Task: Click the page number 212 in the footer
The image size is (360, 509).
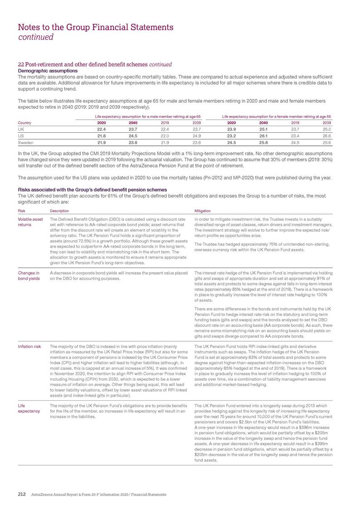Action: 21,493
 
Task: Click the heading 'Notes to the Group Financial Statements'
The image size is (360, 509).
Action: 96,27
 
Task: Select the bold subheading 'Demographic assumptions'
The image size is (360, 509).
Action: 44,71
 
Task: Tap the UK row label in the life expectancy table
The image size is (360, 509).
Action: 21,129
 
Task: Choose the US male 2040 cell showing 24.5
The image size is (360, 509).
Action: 133,136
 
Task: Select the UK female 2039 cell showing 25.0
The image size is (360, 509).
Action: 327,129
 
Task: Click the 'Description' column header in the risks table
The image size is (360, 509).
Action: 59,211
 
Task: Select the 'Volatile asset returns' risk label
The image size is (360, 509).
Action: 30,222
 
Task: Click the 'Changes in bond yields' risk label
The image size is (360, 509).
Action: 29,276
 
